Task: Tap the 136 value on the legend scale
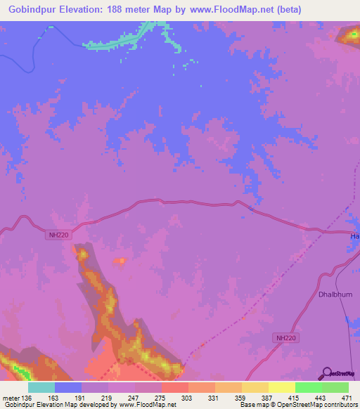pyautogui.click(x=27, y=398)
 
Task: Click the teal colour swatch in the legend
pyautogui.click(x=41, y=387)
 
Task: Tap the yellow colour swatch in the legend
pyautogui.click(x=281, y=387)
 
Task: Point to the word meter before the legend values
pyautogui.click(x=11, y=398)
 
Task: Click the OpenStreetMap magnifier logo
pyautogui.click(x=326, y=372)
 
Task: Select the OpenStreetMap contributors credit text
pyautogui.click(x=309, y=405)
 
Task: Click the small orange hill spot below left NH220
pyautogui.click(x=121, y=261)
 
